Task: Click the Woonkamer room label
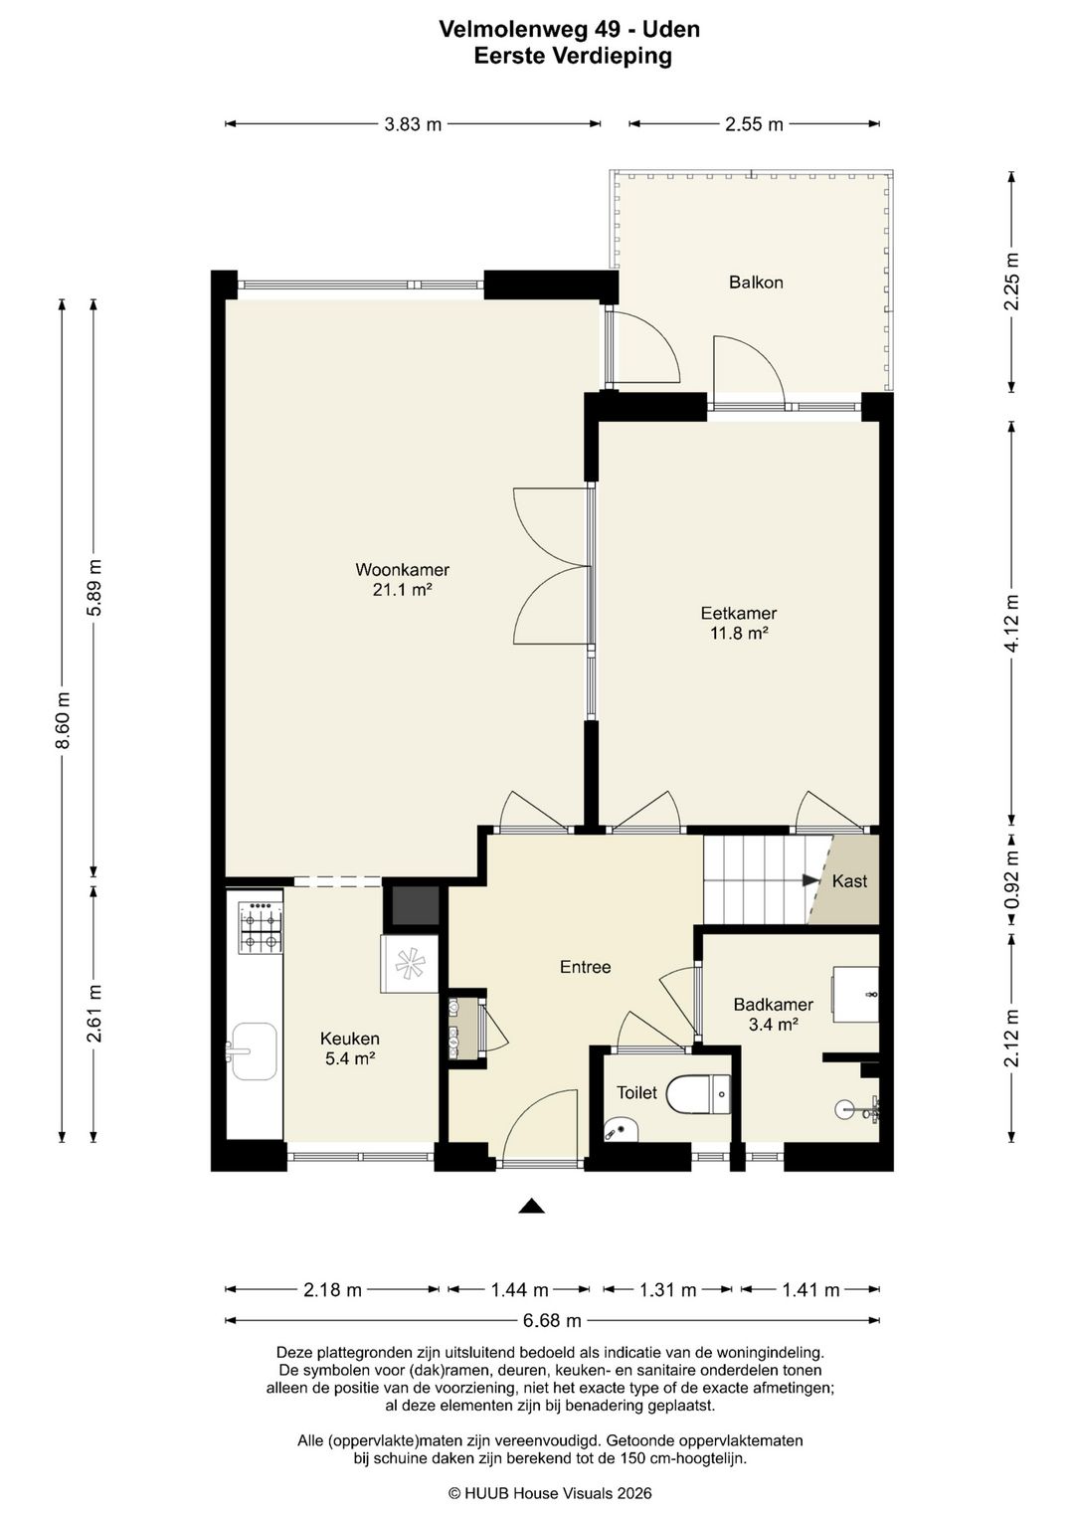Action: coord(402,570)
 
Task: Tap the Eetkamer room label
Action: coord(738,613)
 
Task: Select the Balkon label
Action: coord(756,283)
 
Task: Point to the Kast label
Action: coord(849,881)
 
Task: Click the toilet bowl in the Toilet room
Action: coord(698,1094)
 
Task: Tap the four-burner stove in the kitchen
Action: coord(261,927)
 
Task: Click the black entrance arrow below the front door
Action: coord(532,1206)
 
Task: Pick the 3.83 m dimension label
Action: coord(413,124)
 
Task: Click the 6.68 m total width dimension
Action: coord(552,1320)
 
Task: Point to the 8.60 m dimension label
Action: coord(63,720)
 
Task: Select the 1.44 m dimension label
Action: coord(520,1289)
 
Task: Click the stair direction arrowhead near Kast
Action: coord(810,880)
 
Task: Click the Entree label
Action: coord(585,967)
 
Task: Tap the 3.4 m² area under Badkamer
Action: coord(773,1024)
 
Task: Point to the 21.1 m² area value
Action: coord(402,589)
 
